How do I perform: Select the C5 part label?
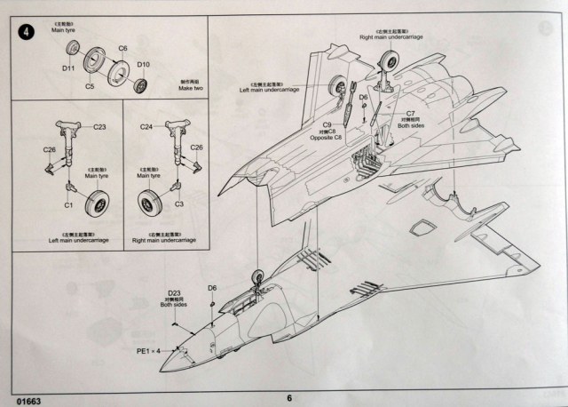tap(90, 86)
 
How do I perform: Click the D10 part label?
tap(145, 65)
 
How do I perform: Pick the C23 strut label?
tap(99, 127)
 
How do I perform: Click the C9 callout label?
tap(327, 124)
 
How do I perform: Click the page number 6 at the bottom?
tap(289, 398)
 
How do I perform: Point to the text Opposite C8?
tap(327, 140)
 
